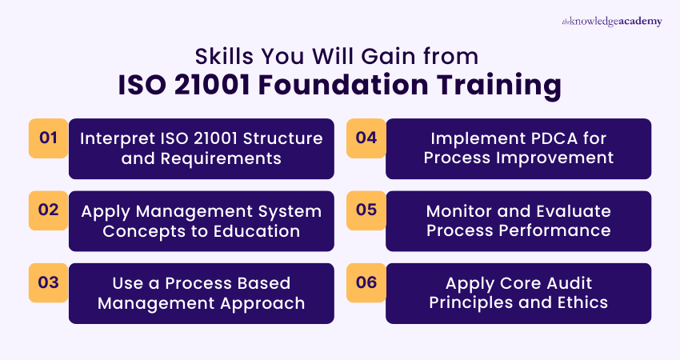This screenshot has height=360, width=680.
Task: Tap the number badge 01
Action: (49, 138)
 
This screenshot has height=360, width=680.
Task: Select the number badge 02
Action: (49, 210)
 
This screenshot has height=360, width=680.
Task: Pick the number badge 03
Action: (49, 282)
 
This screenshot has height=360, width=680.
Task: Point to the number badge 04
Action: (366, 138)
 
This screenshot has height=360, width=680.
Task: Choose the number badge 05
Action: (366, 210)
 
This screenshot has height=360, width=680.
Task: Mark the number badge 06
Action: (366, 282)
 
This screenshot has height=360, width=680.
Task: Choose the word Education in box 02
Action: (257, 231)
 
